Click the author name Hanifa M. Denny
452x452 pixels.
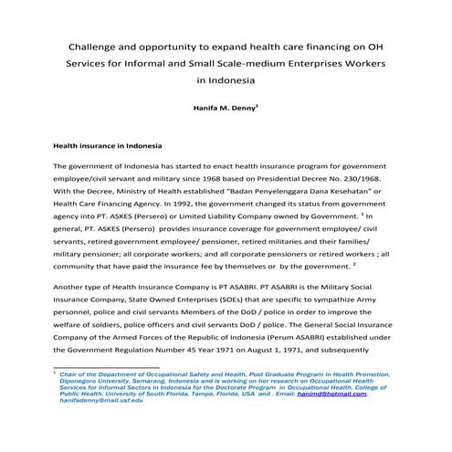coord(225,107)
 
